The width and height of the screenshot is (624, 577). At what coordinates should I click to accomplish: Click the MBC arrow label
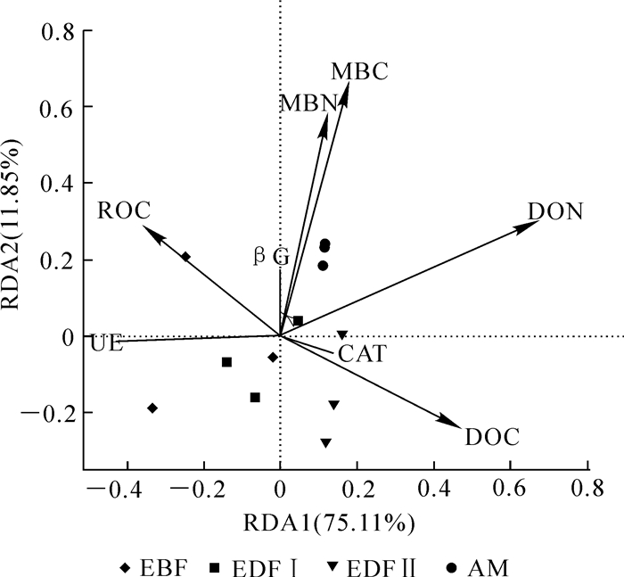pos(360,71)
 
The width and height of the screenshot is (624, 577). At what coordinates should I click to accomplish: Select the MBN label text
pos(308,103)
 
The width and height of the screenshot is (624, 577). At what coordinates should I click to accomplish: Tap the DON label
pos(555,212)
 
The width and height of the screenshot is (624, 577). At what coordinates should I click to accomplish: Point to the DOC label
pos(492,438)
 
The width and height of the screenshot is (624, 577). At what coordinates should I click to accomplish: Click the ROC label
pos(123,210)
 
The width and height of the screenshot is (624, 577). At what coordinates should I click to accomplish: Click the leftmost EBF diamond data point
pos(152,408)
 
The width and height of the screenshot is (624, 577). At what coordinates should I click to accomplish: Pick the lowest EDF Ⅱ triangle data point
pos(325,442)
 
